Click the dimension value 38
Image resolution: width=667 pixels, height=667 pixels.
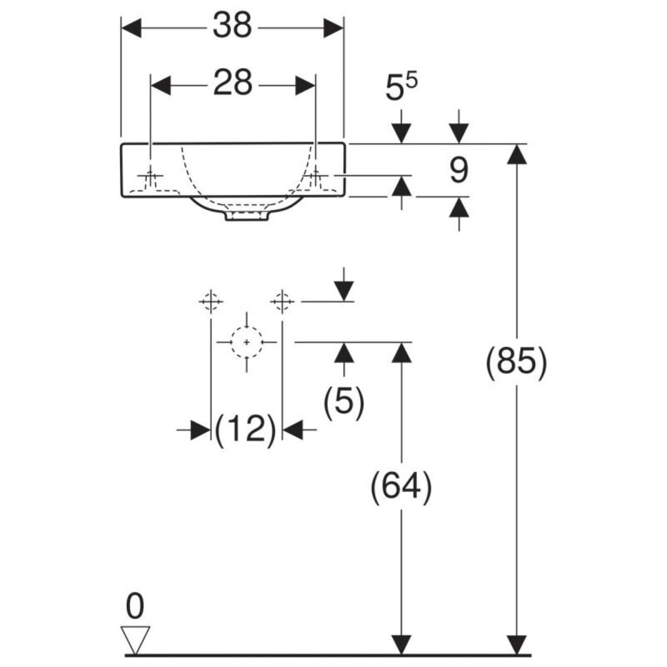pos(232,27)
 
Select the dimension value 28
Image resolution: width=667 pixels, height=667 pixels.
pos(232,84)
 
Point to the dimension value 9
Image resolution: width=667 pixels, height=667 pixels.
pos(458,170)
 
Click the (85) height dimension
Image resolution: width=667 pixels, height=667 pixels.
pos(516,364)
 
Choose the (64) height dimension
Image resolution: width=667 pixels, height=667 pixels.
pos(401,487)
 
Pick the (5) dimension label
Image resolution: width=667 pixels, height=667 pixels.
pos(343,404)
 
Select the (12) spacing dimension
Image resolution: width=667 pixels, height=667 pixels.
pos(246,430)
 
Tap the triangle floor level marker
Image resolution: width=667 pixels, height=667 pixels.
pos(136,637)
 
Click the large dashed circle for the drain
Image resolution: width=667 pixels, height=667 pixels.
pos(246,342)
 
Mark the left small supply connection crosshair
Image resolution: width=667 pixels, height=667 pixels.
pos(211,301)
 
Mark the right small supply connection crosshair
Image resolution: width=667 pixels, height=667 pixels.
pos(282,301)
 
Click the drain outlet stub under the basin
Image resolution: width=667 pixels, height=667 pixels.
pos(246,216)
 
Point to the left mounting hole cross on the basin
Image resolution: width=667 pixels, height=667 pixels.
pos(151,174)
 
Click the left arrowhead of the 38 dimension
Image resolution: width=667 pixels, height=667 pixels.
pos(132,27)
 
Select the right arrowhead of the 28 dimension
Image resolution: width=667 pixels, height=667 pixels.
pos(306,85)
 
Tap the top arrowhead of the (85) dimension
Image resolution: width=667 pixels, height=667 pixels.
pos(517,153)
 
